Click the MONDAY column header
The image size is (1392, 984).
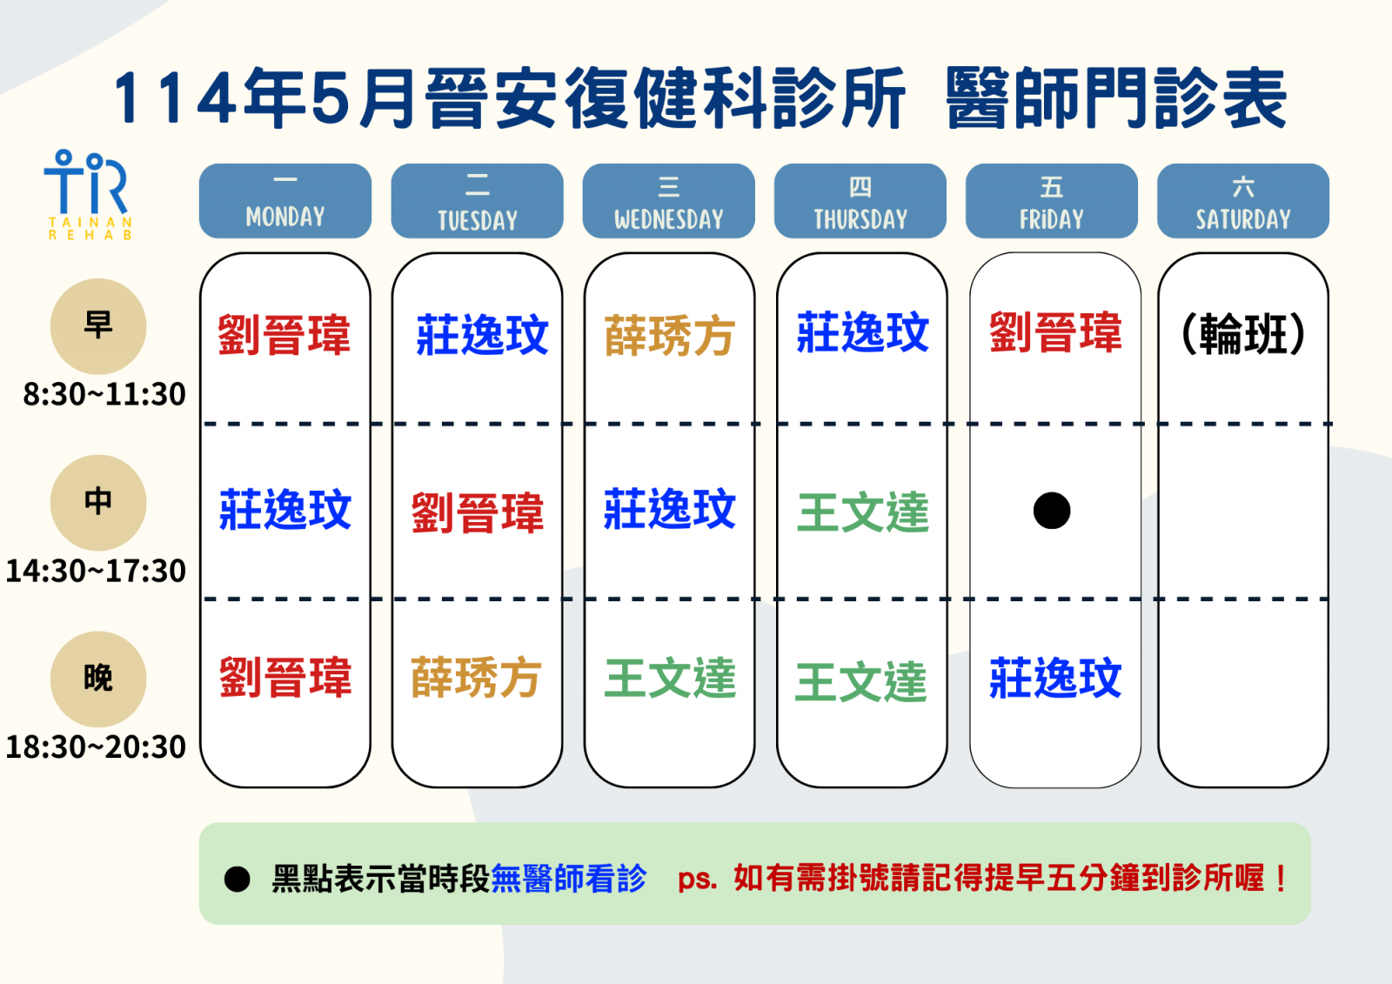pos(285,201)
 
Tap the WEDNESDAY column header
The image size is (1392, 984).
pos(669,201)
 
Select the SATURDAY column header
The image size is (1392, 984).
pos(1243,201)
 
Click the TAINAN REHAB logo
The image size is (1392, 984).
pos(89,195)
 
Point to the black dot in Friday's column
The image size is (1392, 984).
pos(1052,511)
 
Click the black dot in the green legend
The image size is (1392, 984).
pos(237,879)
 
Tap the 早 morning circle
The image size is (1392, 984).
pos(98,326)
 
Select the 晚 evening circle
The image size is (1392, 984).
pos(98,679)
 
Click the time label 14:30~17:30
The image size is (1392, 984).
pos(96,571)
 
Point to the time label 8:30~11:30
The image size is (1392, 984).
pos(104,394)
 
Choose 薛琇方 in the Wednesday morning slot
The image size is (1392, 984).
pos(669,335)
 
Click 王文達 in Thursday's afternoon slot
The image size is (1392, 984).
pos(862,512)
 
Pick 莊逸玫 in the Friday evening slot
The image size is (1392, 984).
pos(1055,678)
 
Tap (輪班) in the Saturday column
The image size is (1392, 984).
pos(1242,334)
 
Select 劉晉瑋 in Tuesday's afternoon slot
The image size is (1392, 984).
pos(478,512)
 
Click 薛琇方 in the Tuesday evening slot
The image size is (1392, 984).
pos(475,678)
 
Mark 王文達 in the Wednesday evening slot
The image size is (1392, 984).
pos(670,678)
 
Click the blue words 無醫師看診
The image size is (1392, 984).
pos(569,879)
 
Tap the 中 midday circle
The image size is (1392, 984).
pos(98,502)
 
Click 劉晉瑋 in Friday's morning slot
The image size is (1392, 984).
pos(1055,332)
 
